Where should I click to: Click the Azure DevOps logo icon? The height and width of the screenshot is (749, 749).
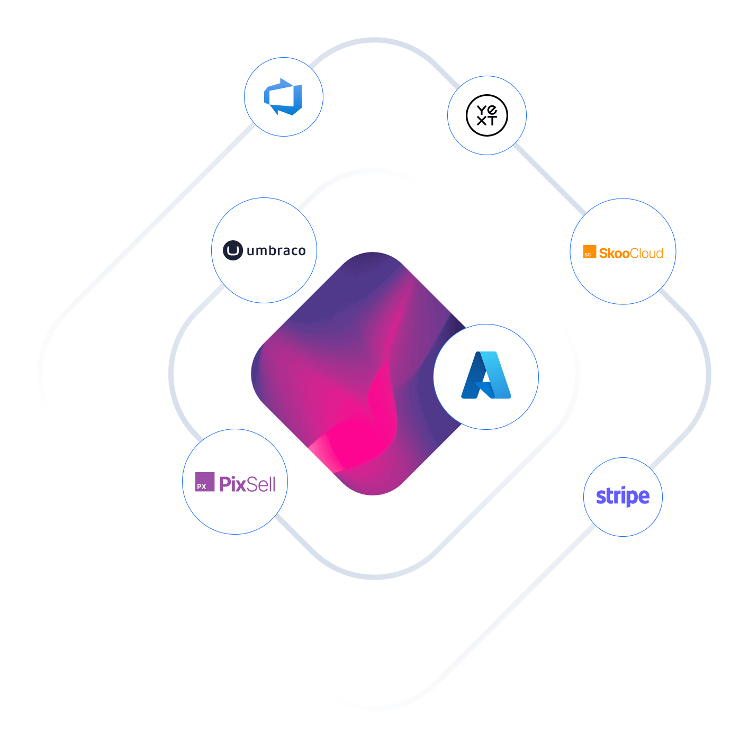[x=283, y=97]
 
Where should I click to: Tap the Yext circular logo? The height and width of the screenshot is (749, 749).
[x=487, y=115]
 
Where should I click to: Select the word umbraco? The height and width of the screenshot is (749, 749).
[x=276, y=250]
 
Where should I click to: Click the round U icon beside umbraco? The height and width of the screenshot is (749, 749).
[x=233, y=250]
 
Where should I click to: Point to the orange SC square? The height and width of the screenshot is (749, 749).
[x=589, y=252]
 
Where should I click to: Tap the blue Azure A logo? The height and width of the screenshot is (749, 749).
[x=486, y=375]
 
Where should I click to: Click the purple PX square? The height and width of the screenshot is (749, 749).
[x=205, y=482]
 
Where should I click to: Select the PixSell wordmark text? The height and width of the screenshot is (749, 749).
[x=247, y=484]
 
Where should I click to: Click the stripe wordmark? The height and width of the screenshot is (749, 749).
[x=622, y=497]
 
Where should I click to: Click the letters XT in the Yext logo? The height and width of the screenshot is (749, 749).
[x=487, y=121]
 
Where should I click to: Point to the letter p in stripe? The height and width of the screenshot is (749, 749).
[x=629, y=498]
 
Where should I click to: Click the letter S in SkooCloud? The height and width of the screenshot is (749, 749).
[x=604, y=254]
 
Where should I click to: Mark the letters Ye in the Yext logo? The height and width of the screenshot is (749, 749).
[x=487, y=110]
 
